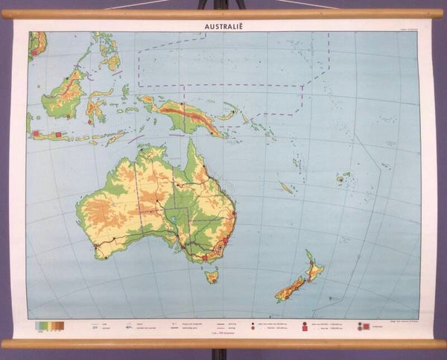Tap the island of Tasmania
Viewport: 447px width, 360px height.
[212, 277]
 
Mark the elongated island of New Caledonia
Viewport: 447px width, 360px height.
[286, 187]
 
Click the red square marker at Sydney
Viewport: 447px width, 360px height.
[225, 241]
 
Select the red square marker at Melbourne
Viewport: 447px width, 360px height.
[203, 258]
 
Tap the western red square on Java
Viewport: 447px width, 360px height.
[36, 133]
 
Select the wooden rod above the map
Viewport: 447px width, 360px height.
[223, 13]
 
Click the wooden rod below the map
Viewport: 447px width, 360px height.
[223, 344]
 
